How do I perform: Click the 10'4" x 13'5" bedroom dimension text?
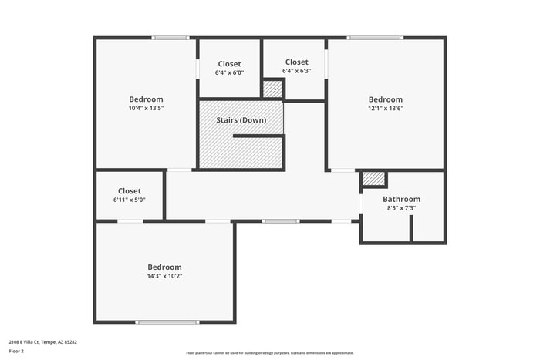click(146, 109)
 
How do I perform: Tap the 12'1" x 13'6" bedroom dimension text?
click(385, 109)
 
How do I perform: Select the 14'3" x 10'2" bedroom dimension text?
click(164, 276)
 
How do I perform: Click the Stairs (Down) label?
click(241, 120)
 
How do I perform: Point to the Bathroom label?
click(401, 199)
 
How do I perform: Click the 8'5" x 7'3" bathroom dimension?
click(401, 208)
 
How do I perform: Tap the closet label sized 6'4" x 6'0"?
click(229, 64)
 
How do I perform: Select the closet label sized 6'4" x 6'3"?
click(296, 62)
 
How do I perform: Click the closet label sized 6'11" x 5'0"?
click(129, 191)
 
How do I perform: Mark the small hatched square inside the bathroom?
click(373, 179)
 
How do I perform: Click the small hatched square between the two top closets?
click(272, 89)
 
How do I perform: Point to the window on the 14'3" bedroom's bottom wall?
click(167, 321)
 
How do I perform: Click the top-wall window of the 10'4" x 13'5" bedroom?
click(170, 37)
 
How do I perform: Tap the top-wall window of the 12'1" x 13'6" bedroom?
click(374, 37)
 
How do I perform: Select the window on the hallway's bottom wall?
click(281, 221)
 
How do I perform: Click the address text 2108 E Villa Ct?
click(43, 341)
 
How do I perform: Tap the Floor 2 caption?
click(17, 351)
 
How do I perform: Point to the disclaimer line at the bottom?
click(269, 352)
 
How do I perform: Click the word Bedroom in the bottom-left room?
click(164, 267)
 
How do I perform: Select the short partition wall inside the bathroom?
click(411, 229)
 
